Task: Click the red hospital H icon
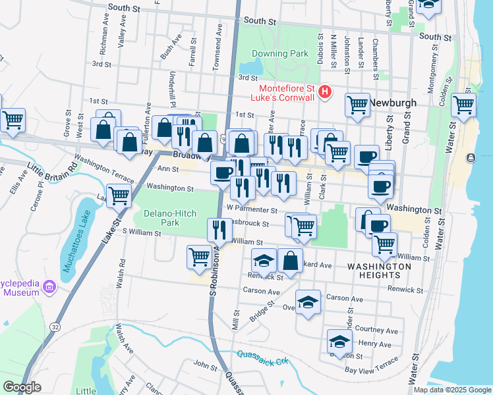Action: click(324, 92)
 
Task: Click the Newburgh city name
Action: click(393, 103)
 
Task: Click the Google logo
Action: click(22, 386)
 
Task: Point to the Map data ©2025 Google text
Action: click(451, 390)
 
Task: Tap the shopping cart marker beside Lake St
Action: click(119, 195)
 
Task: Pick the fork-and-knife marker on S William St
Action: click(219, 230)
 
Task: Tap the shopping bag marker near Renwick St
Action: click(290, 261)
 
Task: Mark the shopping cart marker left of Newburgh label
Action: click(357, 104)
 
